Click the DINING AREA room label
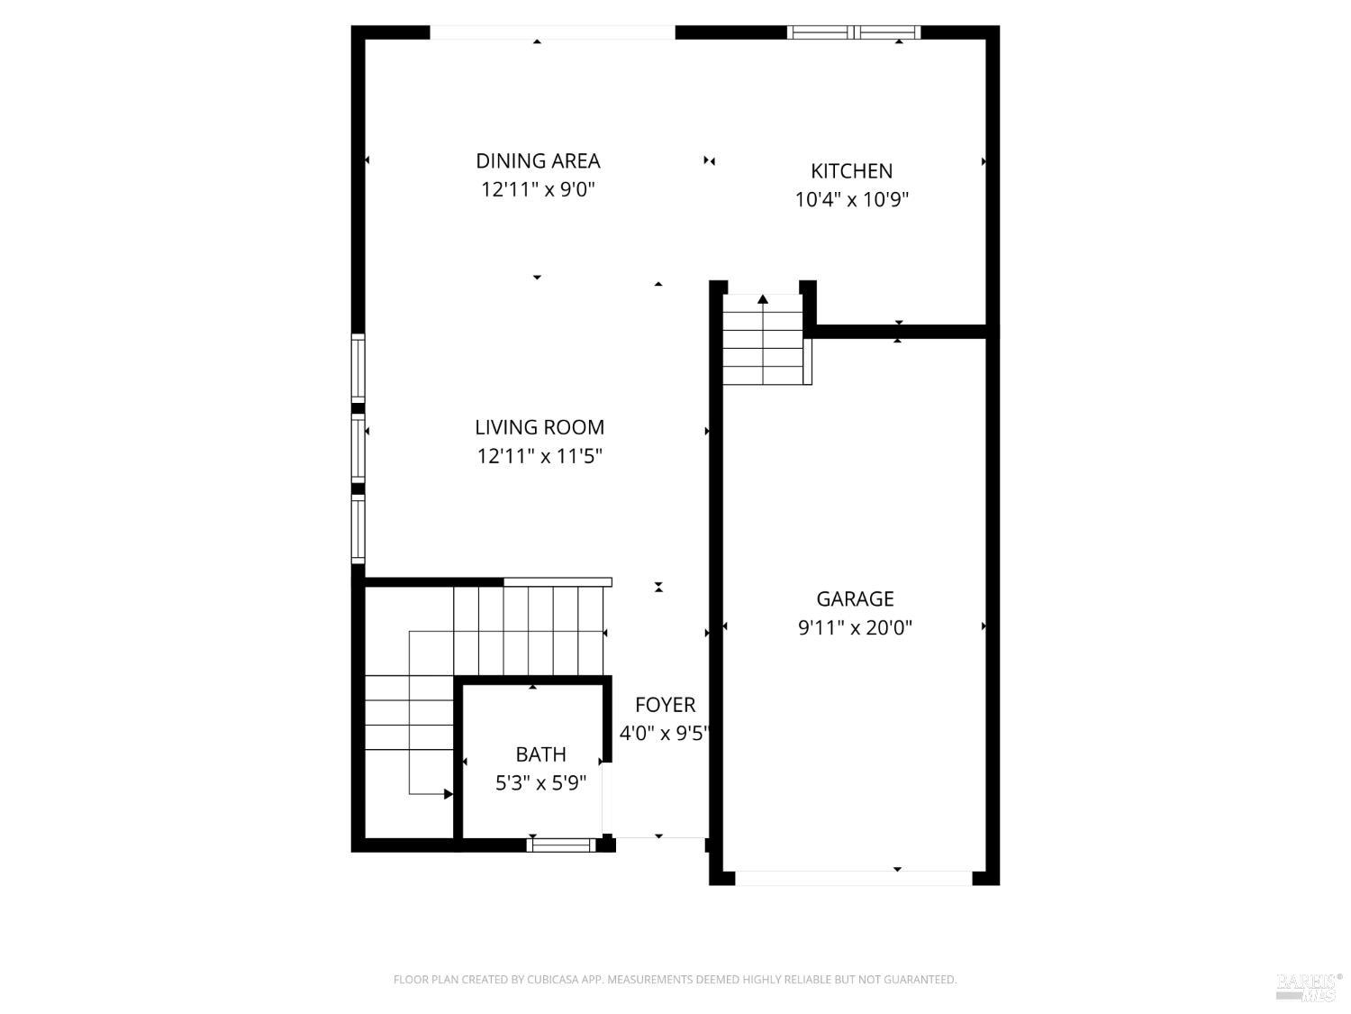coord(538,161)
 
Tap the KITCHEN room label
coord(851,171)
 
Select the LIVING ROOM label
coord(539,427)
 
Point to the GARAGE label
coord(855,599)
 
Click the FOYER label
coord(665,705)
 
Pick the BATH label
coord(540,754)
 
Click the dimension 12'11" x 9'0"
coord(538,190)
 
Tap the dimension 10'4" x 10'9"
coord(851,200)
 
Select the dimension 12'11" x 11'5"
coord(539,456)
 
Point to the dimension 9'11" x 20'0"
coord(855,628)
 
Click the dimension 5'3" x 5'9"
coord(540,783)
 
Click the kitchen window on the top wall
coord(853,32)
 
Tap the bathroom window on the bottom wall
coord(560,845)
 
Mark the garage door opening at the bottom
coord(853,878)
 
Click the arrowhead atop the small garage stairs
coord(763,299)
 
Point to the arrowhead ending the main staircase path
coord(449,794)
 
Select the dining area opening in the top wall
coord(552,32)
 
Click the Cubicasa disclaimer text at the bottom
coord(675,980)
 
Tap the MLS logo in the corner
coord(1309,986)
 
